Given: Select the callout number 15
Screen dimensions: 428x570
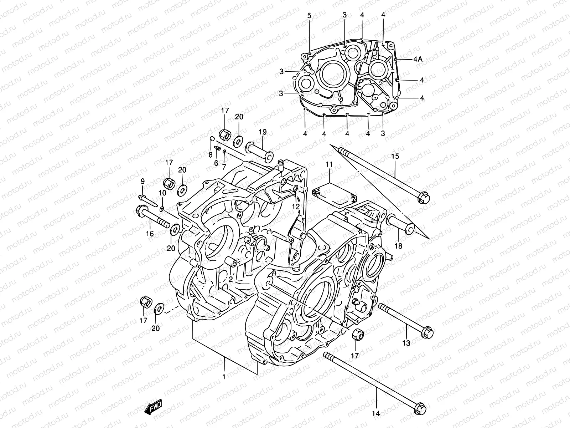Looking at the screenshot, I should (x=395, y=156).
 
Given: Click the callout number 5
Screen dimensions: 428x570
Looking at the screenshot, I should (x=309, y=15).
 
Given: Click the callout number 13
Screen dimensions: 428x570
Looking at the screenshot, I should (x=406, y=343).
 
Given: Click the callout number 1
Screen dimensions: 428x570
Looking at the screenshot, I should (x=224, y=377).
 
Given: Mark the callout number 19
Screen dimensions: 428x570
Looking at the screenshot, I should (x=263, y=132).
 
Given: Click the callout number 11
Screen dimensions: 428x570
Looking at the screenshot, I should (x=329, y=164).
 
